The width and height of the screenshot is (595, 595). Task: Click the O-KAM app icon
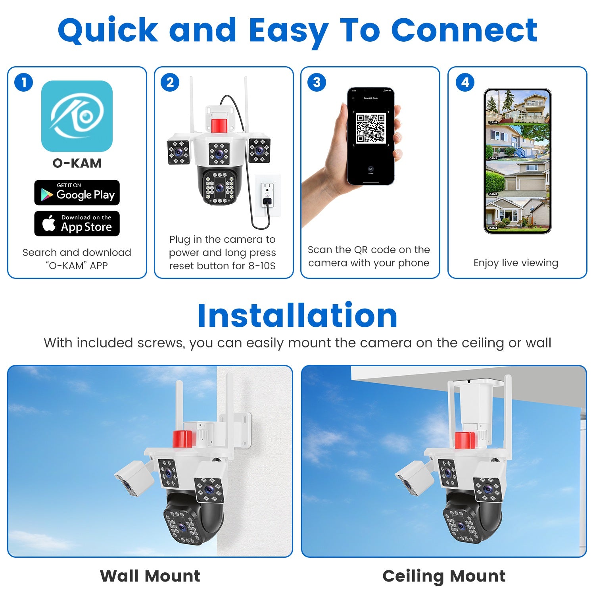coord(77,116)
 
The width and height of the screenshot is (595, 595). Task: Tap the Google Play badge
coord(77,193)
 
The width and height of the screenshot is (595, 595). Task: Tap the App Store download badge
coord(77,224)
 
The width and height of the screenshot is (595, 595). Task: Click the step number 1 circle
coord(24,83)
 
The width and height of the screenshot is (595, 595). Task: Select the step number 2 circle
coord(170,83)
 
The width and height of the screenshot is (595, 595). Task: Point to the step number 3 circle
coord(317,83)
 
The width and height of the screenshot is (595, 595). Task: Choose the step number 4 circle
coord(465,83)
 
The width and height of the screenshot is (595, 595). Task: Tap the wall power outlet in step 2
coord(267,194)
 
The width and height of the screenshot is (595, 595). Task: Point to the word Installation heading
coord(297,316)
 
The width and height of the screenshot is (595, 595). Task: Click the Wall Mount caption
coord(150,576)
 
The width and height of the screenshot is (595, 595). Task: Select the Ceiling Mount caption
coord(444,576)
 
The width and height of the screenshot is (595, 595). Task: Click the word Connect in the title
coord(464,30)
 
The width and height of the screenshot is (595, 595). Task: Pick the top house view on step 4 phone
coord(518,107)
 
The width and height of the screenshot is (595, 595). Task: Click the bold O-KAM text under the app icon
coord(77,163)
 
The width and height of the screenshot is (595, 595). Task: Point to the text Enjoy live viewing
coord(516,263)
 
